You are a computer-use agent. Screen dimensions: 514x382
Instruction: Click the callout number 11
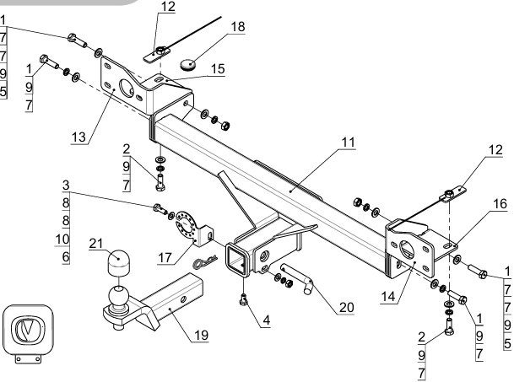pos(348,143)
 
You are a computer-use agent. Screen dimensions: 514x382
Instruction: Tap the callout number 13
pos(78,137)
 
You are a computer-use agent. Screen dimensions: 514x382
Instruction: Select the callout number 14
pos(388,297)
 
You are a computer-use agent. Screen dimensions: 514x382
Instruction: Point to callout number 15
pos(218,69)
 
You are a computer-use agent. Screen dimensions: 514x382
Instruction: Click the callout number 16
pos(500,204)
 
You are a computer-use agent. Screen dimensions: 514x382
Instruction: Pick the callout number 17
pos(165,258)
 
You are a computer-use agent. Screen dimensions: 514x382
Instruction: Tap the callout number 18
pos(238,27)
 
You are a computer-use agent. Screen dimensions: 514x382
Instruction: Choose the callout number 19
pos(201,335)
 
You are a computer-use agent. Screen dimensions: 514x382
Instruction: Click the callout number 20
pos(346,307)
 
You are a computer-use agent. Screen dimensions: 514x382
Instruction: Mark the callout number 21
pos(96,244)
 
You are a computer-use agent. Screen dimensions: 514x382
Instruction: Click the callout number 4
pos(267,320)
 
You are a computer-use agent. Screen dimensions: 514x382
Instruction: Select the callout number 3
pos(66,186)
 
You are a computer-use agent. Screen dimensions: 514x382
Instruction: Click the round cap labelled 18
pos(188,64)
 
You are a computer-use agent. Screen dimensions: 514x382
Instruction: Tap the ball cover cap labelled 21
pos(118,263)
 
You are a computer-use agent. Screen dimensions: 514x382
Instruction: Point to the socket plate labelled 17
pos(193,229)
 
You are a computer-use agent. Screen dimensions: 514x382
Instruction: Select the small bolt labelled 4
pos(243,299)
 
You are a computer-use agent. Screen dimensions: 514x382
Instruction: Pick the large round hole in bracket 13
pos(127,88)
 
